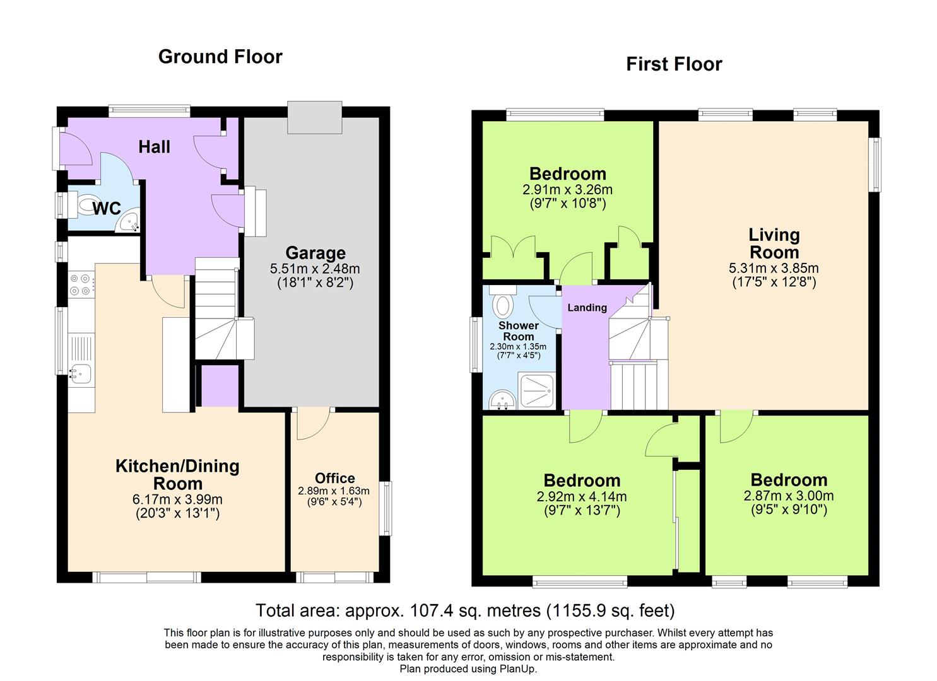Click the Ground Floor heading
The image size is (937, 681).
220,57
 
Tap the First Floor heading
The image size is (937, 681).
674,64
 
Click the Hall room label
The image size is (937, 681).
155,147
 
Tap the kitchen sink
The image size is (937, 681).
80,373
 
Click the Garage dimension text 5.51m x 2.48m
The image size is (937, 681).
315,269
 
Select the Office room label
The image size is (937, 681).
334,478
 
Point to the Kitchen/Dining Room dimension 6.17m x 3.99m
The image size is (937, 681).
177,499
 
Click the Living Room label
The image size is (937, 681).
774,243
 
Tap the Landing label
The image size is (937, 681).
587,308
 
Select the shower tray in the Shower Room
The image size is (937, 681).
538,390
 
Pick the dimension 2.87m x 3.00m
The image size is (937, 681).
789,496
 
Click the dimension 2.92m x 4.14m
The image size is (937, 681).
581,497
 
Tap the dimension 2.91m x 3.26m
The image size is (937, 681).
567,190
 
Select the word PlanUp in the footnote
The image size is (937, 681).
517,669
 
